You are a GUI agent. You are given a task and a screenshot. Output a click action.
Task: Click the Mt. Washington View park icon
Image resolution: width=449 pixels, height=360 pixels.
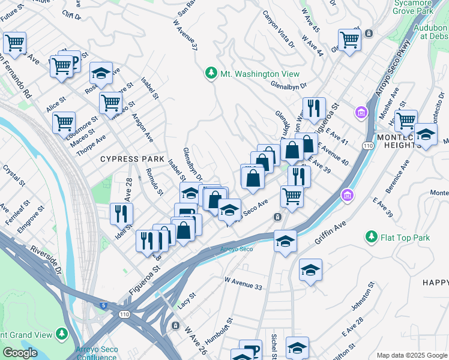pyautogui.click(x=211, y=73)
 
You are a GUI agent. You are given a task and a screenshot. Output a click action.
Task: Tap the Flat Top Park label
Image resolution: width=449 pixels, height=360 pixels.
pyautogui.click(x=405, y=238)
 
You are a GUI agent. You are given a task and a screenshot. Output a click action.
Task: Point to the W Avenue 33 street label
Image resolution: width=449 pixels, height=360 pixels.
pyautogui.click(x=243, y=284)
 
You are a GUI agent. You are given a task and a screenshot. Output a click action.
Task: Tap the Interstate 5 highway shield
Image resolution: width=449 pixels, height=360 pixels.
pyautogui.click(x=106, y=305)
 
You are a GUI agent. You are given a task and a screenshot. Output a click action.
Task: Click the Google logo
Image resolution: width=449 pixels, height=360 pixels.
pyautogui.click(x=20, y=353)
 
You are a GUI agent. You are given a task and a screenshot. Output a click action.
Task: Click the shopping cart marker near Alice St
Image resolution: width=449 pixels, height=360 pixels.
pyautogui.click(x=64, y=122)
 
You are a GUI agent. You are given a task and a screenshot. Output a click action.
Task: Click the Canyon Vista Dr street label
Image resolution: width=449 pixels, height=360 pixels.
pyautogui.click(x=277, y=30)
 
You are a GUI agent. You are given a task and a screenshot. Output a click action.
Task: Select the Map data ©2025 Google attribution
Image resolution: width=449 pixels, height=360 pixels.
pyautogui.click(x=411, y=355)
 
